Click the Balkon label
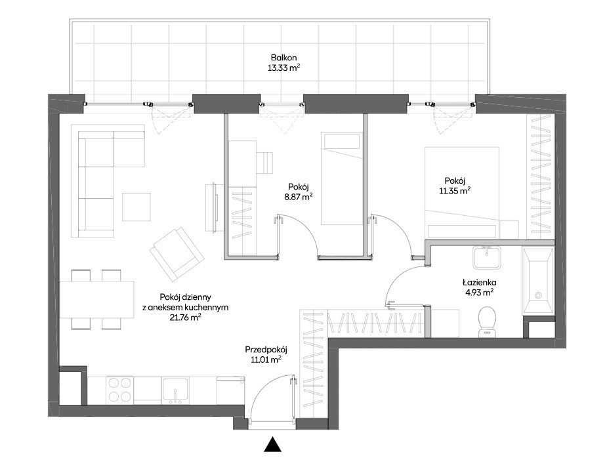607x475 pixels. point(283,58)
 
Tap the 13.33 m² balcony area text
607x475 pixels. point(283,68)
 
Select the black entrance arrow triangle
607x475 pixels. point(272,444)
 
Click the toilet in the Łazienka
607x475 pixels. point(487,321)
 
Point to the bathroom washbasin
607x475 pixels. point(487,257)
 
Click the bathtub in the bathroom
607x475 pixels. point(537,281)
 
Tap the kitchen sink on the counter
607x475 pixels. point(175,390)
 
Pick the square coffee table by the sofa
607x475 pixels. point(136,207)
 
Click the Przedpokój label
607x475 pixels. point(266,350)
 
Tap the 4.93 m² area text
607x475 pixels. point(479,293)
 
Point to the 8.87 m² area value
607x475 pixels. point(299,196)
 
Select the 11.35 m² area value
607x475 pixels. point(455,190)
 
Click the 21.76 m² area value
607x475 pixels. point(185,318)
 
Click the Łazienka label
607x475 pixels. point(479,283)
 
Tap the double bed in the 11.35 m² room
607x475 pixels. point(461,192)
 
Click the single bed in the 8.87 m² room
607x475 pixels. point(342,178)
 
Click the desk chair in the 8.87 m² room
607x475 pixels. point(266,163)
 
